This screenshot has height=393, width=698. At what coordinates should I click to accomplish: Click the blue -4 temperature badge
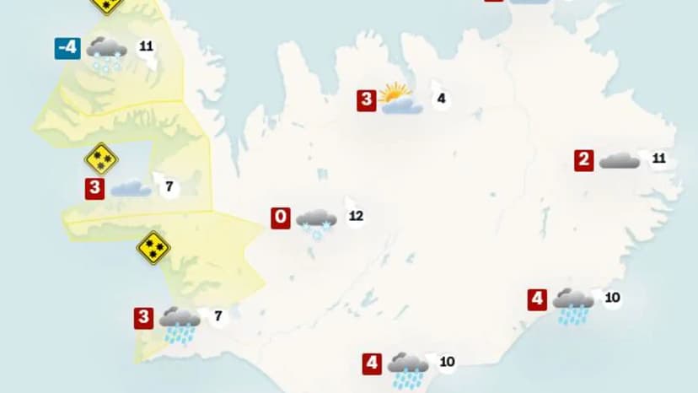pos(67,47)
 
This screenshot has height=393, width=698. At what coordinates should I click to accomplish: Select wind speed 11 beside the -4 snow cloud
pos(146,46)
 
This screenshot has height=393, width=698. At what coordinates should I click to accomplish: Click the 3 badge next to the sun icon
pos(366,100)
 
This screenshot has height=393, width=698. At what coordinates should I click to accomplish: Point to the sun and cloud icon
pos(399,99)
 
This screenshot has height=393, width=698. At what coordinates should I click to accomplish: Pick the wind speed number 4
pos(440,100)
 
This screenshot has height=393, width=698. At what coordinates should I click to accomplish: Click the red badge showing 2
pos(584,160)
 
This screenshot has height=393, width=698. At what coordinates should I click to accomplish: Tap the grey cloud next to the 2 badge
pos(620,160)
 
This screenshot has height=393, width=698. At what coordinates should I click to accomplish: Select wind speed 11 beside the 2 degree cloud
pos(659,159)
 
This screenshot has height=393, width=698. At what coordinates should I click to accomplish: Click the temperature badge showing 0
pos(281,218)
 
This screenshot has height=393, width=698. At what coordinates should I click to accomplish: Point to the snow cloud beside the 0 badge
pos(316,221)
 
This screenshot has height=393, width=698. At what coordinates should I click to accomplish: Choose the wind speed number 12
pos(356,217)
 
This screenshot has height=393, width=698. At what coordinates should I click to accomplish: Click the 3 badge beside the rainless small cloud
pos(95,189)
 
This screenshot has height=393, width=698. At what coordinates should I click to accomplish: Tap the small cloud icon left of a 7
pos(131,188)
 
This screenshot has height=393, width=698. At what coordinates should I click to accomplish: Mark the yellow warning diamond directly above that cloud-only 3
pos(101,159)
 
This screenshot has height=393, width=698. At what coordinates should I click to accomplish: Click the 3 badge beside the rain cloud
pos(143,319)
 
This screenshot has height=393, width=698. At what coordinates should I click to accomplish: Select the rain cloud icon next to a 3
pos(180,323)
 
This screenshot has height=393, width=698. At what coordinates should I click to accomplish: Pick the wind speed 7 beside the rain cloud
pos(218,317)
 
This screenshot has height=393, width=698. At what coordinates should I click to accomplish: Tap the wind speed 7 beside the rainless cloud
pos(169,187)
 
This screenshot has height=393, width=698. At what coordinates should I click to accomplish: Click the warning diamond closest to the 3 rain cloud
pos(153,248)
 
